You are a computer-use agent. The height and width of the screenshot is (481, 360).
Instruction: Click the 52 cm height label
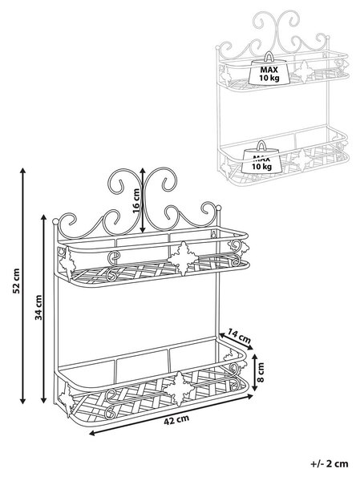[17, 281]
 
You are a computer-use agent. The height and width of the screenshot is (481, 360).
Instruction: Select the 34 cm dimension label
[38, 307]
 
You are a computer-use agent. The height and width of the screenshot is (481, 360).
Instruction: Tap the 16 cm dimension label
[136, 200]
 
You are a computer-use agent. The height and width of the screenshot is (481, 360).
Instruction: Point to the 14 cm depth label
[240, 336]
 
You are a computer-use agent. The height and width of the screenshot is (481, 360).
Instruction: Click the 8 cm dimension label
[261, 373]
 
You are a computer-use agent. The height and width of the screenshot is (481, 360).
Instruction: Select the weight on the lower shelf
[261, 157]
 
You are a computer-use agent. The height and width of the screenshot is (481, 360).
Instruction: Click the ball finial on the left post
[55, 221]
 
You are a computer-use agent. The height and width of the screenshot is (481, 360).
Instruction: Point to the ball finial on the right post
[219, 208]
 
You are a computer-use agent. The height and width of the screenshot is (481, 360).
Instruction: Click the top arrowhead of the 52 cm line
[22, 170]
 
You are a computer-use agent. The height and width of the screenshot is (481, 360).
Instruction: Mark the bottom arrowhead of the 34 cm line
[43, 400]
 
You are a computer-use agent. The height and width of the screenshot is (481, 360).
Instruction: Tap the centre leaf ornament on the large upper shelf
[183, 258]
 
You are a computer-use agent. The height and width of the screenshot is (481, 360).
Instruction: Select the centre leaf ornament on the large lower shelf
[179, 389]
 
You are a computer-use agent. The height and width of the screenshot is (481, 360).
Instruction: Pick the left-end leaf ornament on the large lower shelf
[67, 400]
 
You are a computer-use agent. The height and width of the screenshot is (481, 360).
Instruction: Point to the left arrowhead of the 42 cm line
[92, 433]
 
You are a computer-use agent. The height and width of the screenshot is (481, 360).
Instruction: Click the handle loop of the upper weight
[269, 56]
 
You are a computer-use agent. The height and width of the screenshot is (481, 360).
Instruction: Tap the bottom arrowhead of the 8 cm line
[254, 388]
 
